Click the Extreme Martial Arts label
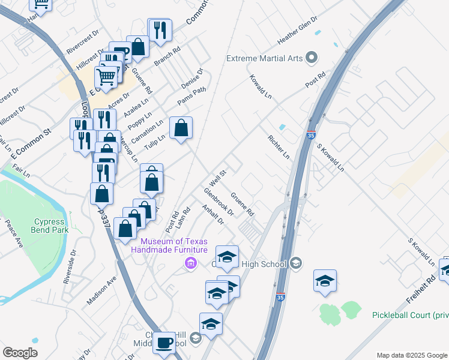coord(264,58)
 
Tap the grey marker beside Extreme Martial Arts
coord(311,58)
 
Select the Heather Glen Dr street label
coord(297,30)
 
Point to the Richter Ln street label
coord(279,146)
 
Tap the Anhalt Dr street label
coord(212,215)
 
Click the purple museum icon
coord(191,263)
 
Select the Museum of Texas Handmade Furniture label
coord(169,245)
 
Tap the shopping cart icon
coord(106,76)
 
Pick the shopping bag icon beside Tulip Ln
coord(181,128)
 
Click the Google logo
coord(20,353)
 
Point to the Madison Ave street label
coord(101,290)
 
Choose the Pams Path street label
coord(191,95)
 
